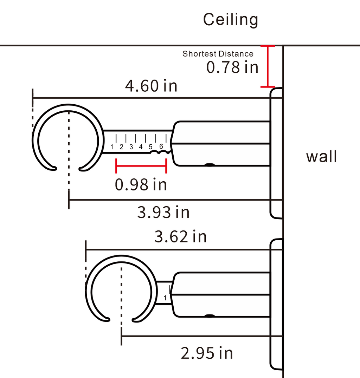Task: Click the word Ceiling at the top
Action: click(x=231, y=20)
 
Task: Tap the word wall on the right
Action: click(x=321, y=157)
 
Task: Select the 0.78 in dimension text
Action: click(x=232, y=67)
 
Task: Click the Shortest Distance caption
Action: click(x=218, y=54)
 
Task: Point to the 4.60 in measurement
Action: click(x=151, y=86)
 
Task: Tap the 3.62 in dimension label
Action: click(x=180, y=237)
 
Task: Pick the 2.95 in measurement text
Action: click(x=207, y=353)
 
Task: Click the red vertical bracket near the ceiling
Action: click(x=268, y=66)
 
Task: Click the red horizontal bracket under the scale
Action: click(x=141, y=166)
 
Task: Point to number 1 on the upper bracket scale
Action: click(x=112, y=147)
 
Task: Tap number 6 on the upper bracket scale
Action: click(x=161, y=146)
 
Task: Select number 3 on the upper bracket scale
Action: click(x=131, y=147)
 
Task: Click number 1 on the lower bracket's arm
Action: click(x=165, y=298)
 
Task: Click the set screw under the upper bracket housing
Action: click(x=210, y=165)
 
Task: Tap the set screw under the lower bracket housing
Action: click(x=210, y=316)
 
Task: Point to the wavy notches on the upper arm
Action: click(x=161, y=152)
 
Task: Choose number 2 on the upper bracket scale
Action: click(x=121, y=147)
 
